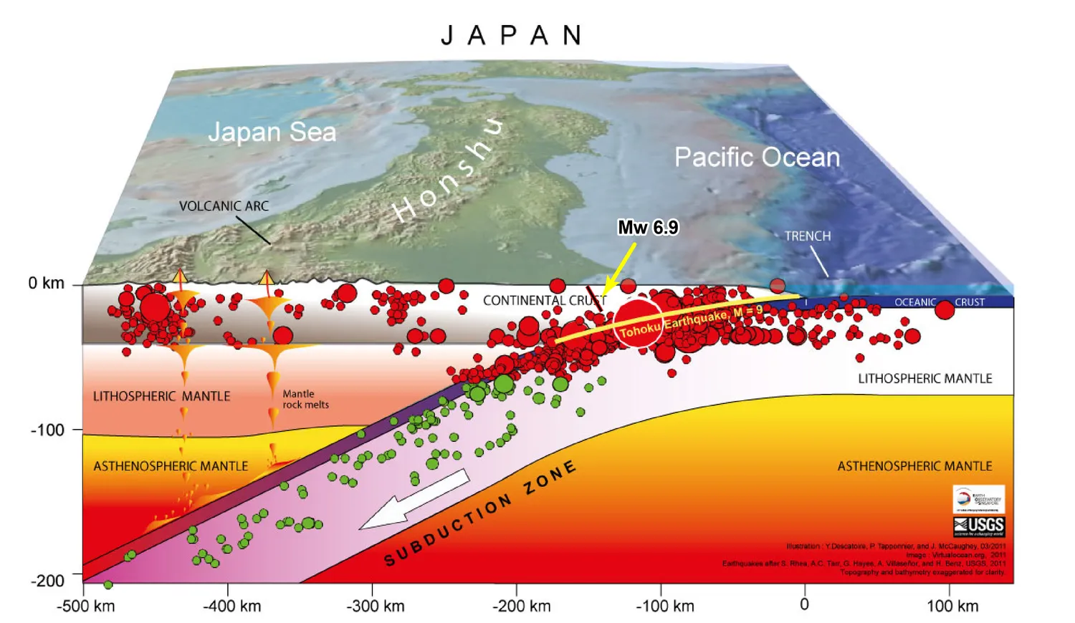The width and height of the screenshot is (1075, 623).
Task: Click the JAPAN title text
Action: [x=512, y=35]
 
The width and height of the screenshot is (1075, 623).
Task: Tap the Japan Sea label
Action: [x=272, y=132]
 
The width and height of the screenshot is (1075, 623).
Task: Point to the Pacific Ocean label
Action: [x=757, y=157]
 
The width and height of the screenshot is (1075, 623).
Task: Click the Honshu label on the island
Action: [x=448, y=172]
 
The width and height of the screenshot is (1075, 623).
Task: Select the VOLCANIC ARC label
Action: [x=224, y=206]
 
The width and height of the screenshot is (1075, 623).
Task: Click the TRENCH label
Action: [x=808, y=236]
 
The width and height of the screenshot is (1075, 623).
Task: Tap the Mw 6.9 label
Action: [x=648, y=228]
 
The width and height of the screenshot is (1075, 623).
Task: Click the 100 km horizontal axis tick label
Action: [x=952, y=606]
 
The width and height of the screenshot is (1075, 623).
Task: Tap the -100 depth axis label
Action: [x=47, y=430]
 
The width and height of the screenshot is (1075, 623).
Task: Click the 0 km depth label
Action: [x=47, y=284]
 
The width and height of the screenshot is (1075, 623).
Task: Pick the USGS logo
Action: [x=979, y=526]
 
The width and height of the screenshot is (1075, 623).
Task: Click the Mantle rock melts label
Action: [x=305, y=399]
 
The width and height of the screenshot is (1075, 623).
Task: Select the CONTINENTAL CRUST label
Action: [x=544, y=301]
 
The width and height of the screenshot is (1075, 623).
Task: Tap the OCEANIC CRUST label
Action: [x=939, y=302]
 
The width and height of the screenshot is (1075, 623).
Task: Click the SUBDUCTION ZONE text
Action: [x=480, y=513]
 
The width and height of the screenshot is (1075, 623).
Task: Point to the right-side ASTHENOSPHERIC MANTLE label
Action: [x=914, y=466]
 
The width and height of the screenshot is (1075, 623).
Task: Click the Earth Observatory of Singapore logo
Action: [x=978, y=499]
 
